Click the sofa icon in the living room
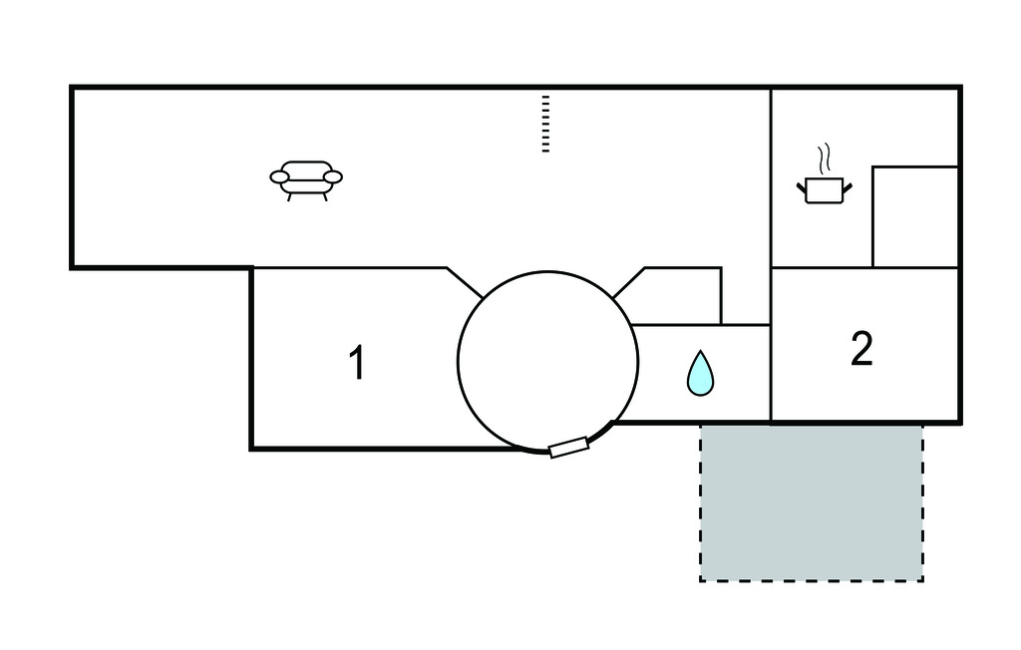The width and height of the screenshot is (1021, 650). click(x=305, y=178)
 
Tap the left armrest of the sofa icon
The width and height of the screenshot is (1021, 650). click(x=280, y=177)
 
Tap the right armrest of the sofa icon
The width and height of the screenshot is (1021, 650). click(x=332, y=177)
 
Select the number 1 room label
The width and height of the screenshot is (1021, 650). click(x=356, y=363)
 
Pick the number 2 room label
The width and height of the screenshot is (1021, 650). click(x=861, y=348)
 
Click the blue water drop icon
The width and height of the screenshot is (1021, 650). click(x=701, y=373)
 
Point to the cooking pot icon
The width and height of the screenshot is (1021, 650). click(x=824, y=189)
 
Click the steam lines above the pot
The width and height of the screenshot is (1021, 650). click(x=823, y=159)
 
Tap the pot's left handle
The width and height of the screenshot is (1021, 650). click(x=802, y=185)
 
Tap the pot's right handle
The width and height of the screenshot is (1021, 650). click(x=847, y=185)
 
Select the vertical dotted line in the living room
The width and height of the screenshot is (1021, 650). click(x=545, y=124)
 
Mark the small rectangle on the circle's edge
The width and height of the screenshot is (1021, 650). click(x=569, y=448)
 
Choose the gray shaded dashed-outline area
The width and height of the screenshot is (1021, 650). click(x=811, y=502)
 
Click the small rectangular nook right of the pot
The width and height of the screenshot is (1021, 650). click(x=914, y=217)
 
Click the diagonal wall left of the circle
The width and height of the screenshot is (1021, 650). click(x=465, y=283)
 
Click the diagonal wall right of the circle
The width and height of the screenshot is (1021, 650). click(x=629, y=283)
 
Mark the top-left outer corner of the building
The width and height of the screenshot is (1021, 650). click(x=72, y=88)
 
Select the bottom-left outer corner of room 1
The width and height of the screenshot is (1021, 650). click(x=251, y=449)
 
